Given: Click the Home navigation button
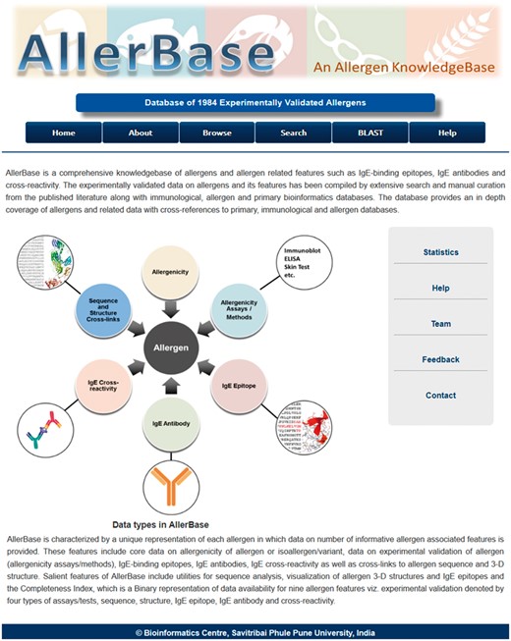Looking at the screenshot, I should tap(64, 133).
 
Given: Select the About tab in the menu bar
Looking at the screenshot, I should tap(141, 133).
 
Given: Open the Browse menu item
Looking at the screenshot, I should tap(217, 133).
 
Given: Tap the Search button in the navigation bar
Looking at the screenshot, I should tap(293, 133).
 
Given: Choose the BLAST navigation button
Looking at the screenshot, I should tap(369, 133).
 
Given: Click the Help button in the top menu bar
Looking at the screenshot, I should tap(447, 133).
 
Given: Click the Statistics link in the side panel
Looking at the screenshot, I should tap(440, 252).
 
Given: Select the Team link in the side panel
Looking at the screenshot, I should tap(440, 324).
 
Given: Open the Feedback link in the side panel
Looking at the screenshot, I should tap(440, 359).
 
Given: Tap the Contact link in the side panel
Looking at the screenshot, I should tap(440, 395).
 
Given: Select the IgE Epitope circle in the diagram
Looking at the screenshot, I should tap(240, 388).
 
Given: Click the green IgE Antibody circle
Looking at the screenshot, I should tap(171, 422).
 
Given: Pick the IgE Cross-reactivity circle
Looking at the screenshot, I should tap(102, 385).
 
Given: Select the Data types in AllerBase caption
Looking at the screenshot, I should tap(160, 524).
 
